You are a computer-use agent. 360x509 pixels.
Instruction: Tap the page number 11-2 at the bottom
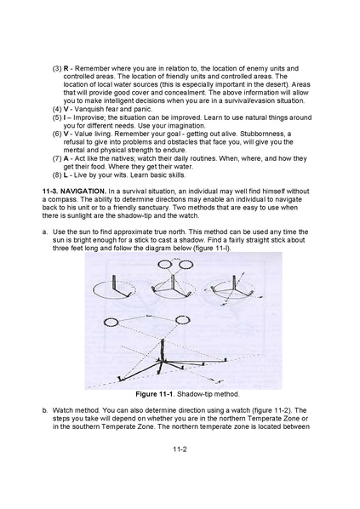pos(180,449)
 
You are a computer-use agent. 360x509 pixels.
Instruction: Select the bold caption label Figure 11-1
pos(155,394)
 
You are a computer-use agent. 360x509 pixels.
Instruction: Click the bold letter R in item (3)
pos(66,68)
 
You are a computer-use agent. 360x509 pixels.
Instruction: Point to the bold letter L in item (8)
pos(66,175)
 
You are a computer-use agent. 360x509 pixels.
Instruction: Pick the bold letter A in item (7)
pos(66,158)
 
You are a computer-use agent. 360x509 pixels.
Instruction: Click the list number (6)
pos(57,134)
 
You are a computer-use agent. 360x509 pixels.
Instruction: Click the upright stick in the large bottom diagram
pos(163,350)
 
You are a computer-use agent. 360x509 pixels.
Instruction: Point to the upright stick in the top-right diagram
pos(234,282)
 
